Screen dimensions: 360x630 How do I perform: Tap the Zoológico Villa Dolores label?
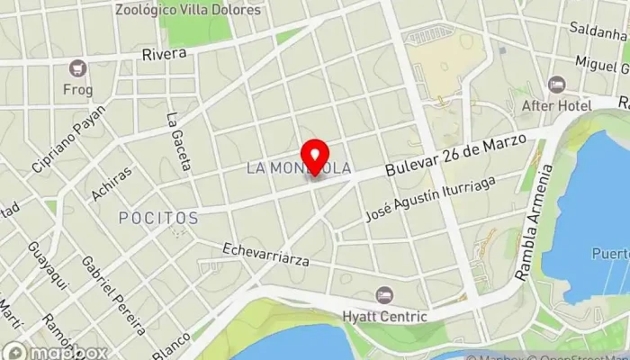click(188, 10)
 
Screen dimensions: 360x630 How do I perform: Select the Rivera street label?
click(164, 54)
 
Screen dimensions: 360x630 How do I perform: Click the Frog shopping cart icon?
click(77, 67)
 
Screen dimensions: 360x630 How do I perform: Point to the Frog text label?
click(77, 89)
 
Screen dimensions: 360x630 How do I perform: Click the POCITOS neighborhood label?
click(158, 218)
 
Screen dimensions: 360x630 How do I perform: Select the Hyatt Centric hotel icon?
click(384, 294)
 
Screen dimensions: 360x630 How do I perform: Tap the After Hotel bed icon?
click(556, 84)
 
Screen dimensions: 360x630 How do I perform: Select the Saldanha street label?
click(597, 28)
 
